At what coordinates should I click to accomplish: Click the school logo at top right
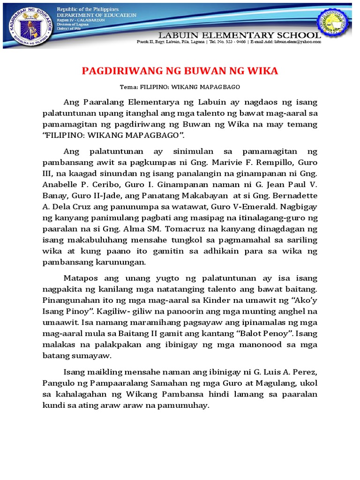coord(334,22)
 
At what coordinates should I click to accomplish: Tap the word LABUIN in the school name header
coord(182,35)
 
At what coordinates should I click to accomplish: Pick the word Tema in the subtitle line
coord(127,88)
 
